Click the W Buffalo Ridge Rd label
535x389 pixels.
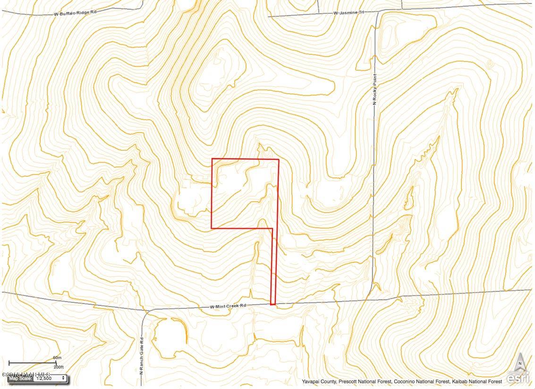coord(75,13)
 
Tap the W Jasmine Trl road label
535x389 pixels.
coord(348,13)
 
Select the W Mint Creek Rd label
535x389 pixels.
coord(229,307)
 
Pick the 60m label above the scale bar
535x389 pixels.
coord(57,358)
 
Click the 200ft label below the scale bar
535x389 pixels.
coord(59,367)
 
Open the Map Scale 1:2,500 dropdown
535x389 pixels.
coord(50,378)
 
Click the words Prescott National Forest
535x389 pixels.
coord(360,381)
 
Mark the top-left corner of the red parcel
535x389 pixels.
coord(212,159)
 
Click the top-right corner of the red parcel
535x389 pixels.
coord(279,159)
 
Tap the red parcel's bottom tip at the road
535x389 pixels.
coord(273,304)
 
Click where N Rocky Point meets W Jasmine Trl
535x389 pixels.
coord(377,10)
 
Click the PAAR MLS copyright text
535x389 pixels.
coord(26,375)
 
